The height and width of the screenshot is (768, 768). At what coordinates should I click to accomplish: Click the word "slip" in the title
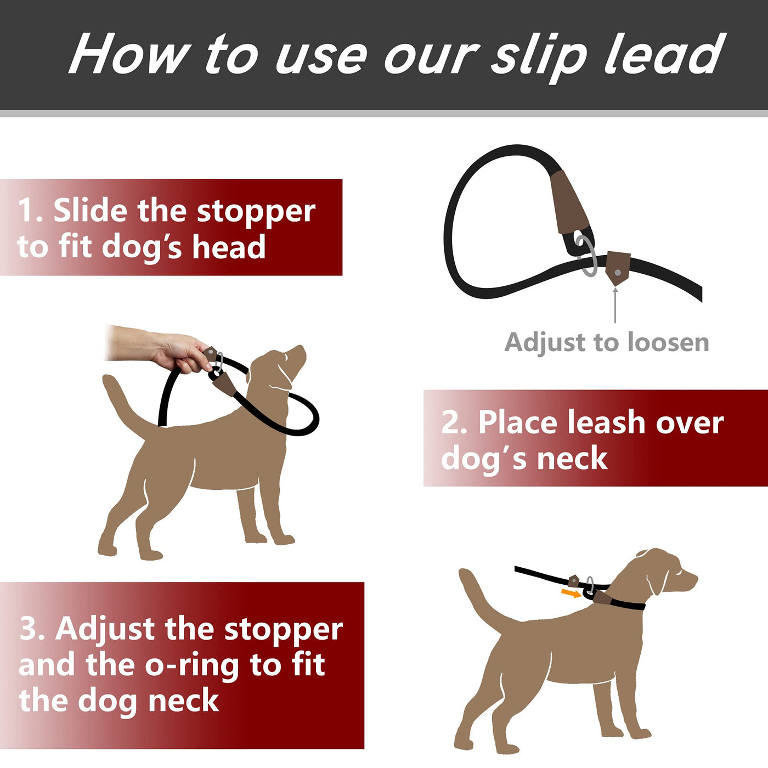pyautogui.click(x=539, y=56)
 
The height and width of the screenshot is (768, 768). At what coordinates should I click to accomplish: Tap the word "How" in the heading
pyautogui.click(x=129, y=53)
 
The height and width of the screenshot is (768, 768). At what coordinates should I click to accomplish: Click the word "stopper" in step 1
pyautogui.click(x=256, y=213)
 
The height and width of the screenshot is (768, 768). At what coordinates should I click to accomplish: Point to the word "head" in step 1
pyautogui.click(x=229, y=247)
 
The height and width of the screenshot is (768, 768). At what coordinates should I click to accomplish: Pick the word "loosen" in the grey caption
pyautogui.click(x=668, y=342)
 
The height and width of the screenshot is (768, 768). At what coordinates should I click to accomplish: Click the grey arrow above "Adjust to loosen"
pyautogui.click(x=615, y=304)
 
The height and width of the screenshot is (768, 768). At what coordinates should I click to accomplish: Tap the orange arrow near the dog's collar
pyautogui.click(x=571, y=594)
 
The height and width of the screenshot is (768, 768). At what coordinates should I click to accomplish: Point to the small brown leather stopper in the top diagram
pyautogui.click(x=617, y=268)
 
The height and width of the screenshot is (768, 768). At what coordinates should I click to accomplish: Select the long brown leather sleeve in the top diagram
pyautogui.click(x=570, y=203)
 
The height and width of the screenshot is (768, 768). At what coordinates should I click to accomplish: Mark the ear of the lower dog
pyautogui.click(x=657, y=579)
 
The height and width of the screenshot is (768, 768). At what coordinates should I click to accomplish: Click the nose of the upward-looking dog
pyautogui.click(x=302, y=348)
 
